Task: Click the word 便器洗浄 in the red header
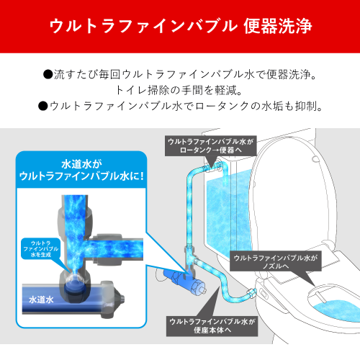coord(278,26)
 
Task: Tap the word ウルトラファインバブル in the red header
coord(143,26)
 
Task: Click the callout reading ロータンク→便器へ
coord(211,146)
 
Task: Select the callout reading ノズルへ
coord(276,261)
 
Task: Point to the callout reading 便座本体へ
coord(212,326)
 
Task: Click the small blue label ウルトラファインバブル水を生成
coord(41,248)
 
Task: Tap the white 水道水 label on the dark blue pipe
coord(41,300)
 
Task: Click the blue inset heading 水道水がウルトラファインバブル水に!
coord(81,170)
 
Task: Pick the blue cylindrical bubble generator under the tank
coord(184,282)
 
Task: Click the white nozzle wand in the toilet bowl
coord(320,297)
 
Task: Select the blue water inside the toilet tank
coord(228,211)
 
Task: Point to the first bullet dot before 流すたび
coord(48,74)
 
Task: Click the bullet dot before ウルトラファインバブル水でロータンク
coord(42,106)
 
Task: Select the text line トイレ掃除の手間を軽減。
coord(179,90)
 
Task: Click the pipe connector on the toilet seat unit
coord(251,293)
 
